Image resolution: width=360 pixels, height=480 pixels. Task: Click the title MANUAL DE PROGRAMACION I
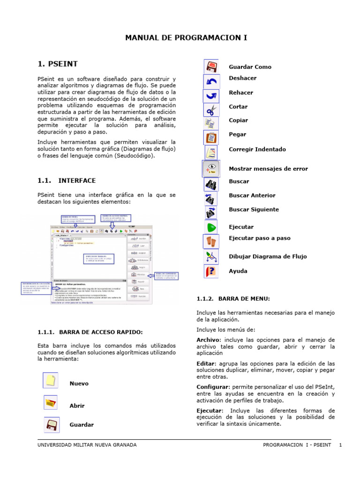[186, 37]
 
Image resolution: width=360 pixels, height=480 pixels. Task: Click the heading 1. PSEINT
[58, 63]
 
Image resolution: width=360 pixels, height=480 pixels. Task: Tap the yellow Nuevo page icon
[51, 380]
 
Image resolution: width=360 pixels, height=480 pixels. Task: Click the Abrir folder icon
[51, 403]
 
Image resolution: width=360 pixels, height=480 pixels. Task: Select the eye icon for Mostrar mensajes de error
[212, 168]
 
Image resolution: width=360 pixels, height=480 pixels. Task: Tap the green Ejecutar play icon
[212, 227]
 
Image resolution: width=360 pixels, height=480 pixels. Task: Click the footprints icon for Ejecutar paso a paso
[212, 241]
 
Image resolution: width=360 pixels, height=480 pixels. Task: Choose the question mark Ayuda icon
[212, 271]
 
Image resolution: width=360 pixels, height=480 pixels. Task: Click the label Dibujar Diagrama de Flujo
[268, 256]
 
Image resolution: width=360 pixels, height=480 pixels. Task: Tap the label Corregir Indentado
[257, 150]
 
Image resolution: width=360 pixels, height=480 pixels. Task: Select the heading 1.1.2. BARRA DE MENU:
[233, 299]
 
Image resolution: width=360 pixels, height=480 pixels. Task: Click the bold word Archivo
[208, 340]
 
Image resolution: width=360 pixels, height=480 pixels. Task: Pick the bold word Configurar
[212, 387]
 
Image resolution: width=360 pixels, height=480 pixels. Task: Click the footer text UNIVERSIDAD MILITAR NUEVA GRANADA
[87, 445]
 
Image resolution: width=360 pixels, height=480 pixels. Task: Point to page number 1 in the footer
[341, 445]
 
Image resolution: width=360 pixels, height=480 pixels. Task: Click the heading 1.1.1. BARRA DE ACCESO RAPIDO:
[90, 332]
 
